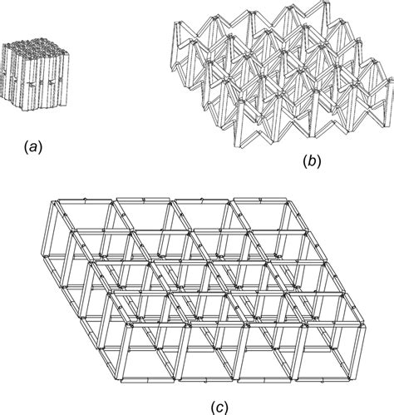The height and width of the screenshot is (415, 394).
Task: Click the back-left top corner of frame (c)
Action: pyautogui.click(x=52, y=201)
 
